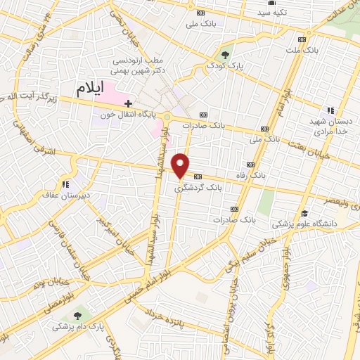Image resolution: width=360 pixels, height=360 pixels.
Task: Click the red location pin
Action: point(181,165)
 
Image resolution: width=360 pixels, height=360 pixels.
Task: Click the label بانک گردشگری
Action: point(198,188)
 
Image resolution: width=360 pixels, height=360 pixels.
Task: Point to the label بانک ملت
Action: point(302,51)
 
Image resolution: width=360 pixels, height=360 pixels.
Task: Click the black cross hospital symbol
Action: point(128,103)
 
